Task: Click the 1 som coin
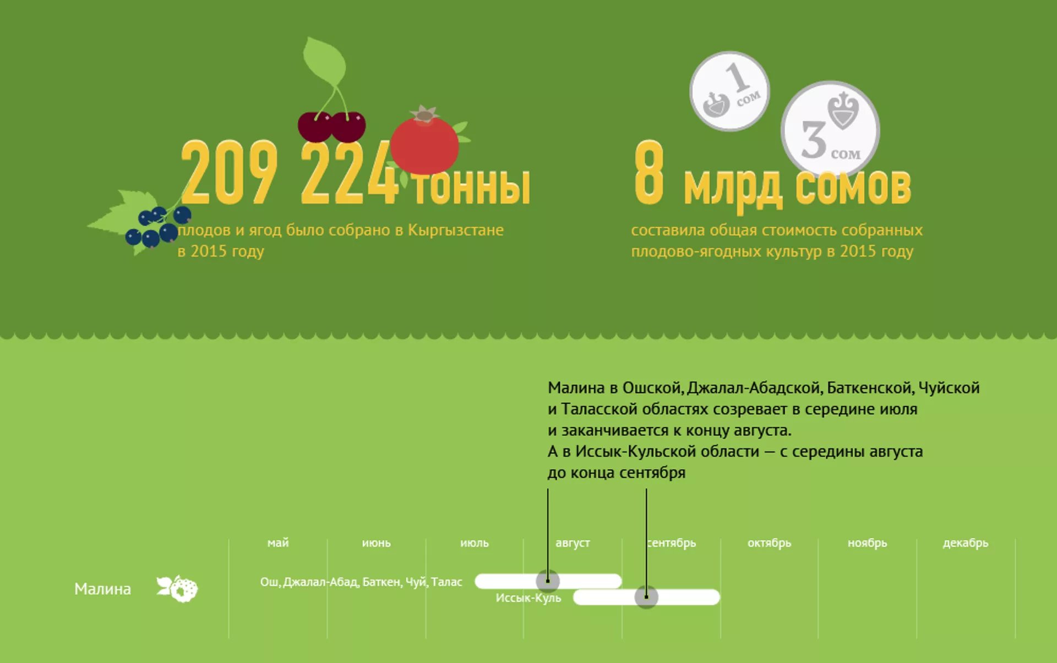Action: tap(729, 91)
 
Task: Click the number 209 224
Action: tap(290, 173)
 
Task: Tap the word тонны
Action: tap(471, 186)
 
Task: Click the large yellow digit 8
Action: tap(649, 172)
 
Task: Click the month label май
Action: tap(278, 543)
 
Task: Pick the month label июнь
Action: tap(376, 543)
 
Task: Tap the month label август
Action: tap(573, 543)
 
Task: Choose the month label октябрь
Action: tap(769, 543)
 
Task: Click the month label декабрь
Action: tap(966, 543)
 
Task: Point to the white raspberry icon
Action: tap(177, 589)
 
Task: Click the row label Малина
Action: tap(102, 589)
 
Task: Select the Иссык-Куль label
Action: tap(528, 598)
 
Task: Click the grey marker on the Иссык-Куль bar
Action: tap(646, 597)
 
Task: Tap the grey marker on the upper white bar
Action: tap(548, 580)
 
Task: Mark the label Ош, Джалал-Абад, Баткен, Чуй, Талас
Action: tap(361, 582)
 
